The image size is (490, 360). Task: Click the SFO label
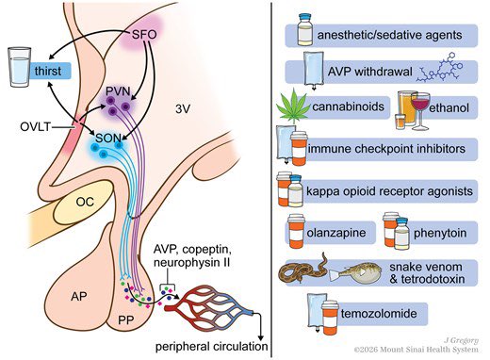tap(144, 34)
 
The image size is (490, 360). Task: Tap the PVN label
tap(118, 91)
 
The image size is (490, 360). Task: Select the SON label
tap(108, 138)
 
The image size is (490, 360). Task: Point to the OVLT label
tap(35, 127)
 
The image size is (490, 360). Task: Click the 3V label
tap(183, 109)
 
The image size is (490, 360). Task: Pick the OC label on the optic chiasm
tap(85, 202)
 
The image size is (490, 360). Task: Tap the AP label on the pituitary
tap(78, 296)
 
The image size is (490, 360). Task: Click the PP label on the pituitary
tap(126, 320)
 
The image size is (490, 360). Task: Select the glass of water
tap(20, 67)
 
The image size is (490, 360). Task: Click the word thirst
tap(48, 71)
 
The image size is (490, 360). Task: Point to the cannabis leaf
tap(293, 106)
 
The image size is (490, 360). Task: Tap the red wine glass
tap(420, 111)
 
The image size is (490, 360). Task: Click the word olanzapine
tap(336, 233)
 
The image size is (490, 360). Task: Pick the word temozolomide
tap(379, 314)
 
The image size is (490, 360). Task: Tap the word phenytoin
tap(440, 233)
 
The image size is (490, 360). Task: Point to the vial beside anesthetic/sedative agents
tap(305, 29)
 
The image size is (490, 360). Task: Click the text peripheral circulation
tap(212, 347)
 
